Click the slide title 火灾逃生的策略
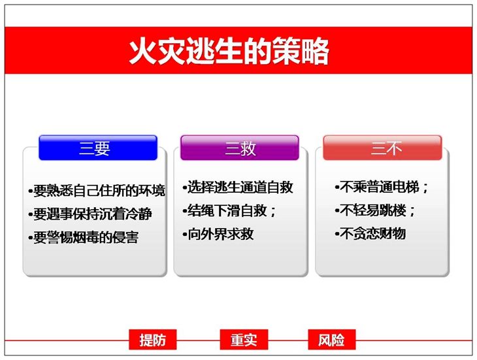[229, 50]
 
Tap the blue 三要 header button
[97, 148]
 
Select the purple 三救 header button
[240, 148]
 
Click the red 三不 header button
[382, 148]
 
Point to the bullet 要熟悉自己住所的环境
[97, 191]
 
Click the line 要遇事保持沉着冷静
[90, 214]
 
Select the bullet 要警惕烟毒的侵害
[84, 237]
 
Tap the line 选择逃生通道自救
[238, 188]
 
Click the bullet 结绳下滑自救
[229, 211]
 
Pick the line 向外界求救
[218, 234]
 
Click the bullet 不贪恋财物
[370, 234]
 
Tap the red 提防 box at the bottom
[153, 340]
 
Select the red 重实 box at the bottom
[244, 340]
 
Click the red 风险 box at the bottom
[331, 340]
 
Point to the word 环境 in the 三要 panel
[152, 191]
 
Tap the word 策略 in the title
[301, 50]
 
